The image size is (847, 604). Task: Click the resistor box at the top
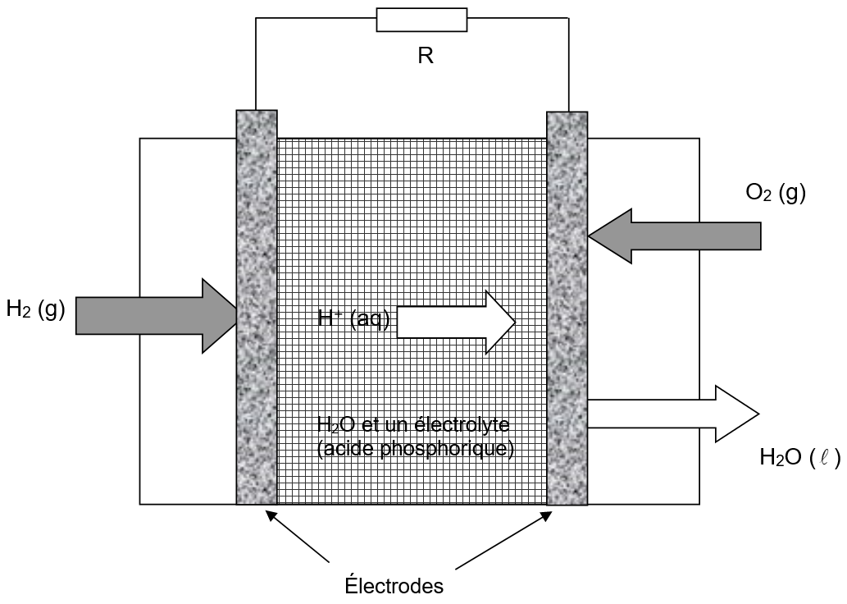click(421, 20)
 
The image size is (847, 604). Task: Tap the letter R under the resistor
click(425, 56)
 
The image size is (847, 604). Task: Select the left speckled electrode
click(257, 308)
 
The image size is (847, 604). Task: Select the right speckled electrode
click(567, 308)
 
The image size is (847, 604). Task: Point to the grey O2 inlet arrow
click(674, 236)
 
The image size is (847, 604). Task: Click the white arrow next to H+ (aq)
click(456, 322)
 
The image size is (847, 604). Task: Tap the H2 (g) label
click(35, 310)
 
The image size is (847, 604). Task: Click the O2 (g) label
click(776, 194)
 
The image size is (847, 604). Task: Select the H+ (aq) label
click(354, 318)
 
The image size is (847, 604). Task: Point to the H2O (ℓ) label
click(799, 459)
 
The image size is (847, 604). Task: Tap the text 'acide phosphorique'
click(415, 449)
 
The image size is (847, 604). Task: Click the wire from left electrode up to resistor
click(256, 66)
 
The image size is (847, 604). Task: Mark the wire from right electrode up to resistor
click(568, 66)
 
